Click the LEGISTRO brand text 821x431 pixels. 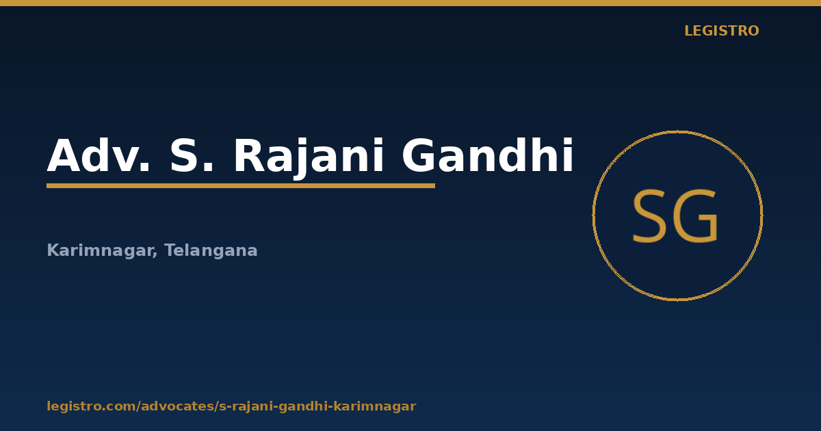721,31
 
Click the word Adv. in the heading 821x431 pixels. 99,155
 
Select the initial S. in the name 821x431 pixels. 192,155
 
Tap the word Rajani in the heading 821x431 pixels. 309,157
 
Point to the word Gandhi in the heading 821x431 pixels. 488,155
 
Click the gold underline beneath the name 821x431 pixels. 241,186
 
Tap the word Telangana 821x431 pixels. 211,250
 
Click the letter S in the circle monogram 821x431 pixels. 649,216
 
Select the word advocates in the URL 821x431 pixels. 177,406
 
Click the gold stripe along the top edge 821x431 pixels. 410,3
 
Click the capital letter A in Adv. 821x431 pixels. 64,155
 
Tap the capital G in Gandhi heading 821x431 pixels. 419,155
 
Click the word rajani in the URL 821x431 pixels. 250,407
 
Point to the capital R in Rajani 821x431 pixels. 250,155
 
